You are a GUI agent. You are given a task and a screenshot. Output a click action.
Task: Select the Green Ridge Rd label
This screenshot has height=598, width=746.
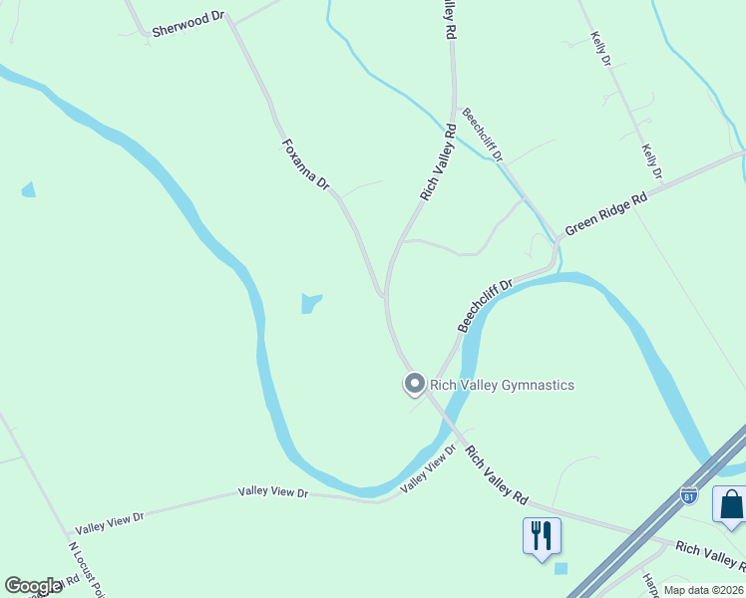[605, 214]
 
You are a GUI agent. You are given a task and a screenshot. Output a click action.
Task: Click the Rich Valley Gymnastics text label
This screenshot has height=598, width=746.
[503, 385]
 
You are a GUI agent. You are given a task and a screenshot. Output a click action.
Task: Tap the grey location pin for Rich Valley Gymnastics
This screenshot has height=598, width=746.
[414, 383]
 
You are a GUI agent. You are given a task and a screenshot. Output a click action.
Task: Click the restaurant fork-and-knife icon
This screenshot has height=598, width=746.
[542, 535]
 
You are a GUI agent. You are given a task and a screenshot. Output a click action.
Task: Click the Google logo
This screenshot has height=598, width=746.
[33, 586]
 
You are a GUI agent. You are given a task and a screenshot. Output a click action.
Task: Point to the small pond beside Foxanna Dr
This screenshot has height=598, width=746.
[310, 302]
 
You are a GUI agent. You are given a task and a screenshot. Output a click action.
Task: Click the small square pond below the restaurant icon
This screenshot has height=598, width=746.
[559, 569]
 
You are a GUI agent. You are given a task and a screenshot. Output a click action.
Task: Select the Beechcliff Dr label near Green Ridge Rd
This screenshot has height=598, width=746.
[485, 305]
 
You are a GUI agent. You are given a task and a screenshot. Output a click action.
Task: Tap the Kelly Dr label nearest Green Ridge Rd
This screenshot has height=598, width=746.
[652, 162]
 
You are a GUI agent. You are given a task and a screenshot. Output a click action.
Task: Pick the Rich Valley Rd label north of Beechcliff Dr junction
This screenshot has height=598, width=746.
[438, 161]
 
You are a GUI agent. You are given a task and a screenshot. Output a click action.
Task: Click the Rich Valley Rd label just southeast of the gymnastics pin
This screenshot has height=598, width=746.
[496, 474]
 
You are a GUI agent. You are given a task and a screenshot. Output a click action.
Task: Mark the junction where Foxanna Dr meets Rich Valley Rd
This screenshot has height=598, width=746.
[384, 296]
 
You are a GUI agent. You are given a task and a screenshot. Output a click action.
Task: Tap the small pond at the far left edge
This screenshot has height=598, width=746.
[28, 189]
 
